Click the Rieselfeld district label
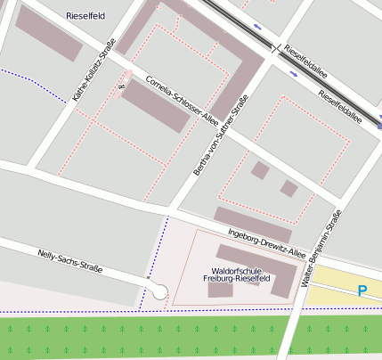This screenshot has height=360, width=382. click(x=85, y=16)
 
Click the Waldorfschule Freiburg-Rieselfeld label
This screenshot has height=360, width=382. click(x=230, y=274)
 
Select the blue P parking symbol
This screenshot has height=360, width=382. click(x=362, y=290)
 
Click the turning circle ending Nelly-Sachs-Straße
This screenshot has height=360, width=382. click(x=159, y=290)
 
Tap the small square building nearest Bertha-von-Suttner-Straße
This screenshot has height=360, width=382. click(x=259, y=169)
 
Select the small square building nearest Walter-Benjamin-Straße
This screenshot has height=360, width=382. click(x=289, y=188)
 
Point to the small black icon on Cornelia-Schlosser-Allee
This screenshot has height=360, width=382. click(x=121, y=86)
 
